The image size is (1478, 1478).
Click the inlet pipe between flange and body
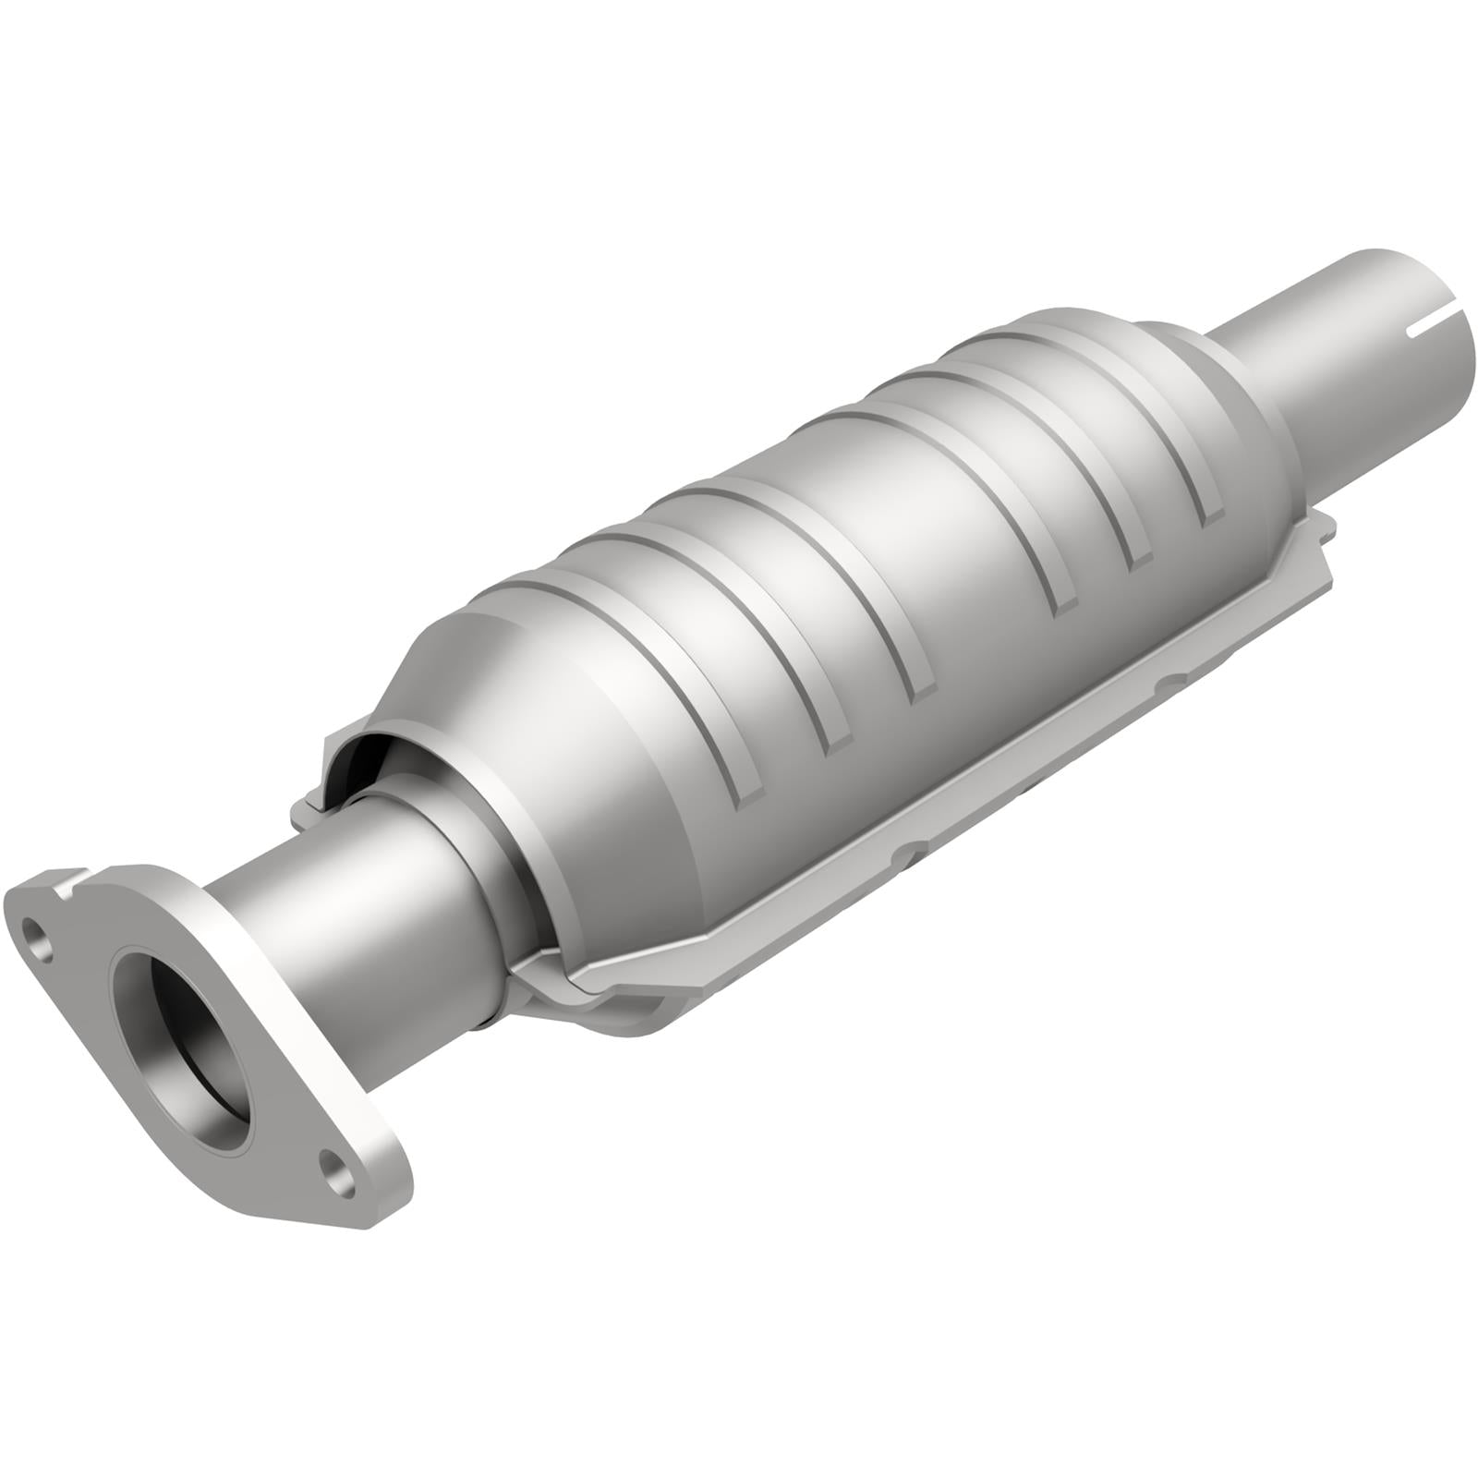(369, 887)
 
